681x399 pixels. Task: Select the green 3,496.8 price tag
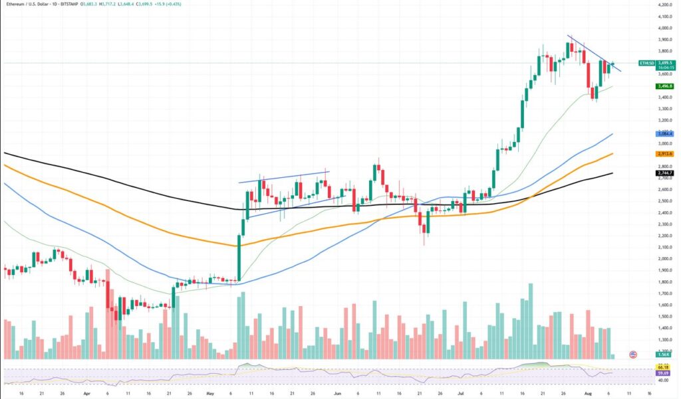(664, 86)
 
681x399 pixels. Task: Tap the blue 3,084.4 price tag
(664, 133)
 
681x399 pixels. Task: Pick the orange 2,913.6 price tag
(664, 153)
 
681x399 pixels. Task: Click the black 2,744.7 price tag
(664, 173)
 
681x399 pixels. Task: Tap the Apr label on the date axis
(86, 392)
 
